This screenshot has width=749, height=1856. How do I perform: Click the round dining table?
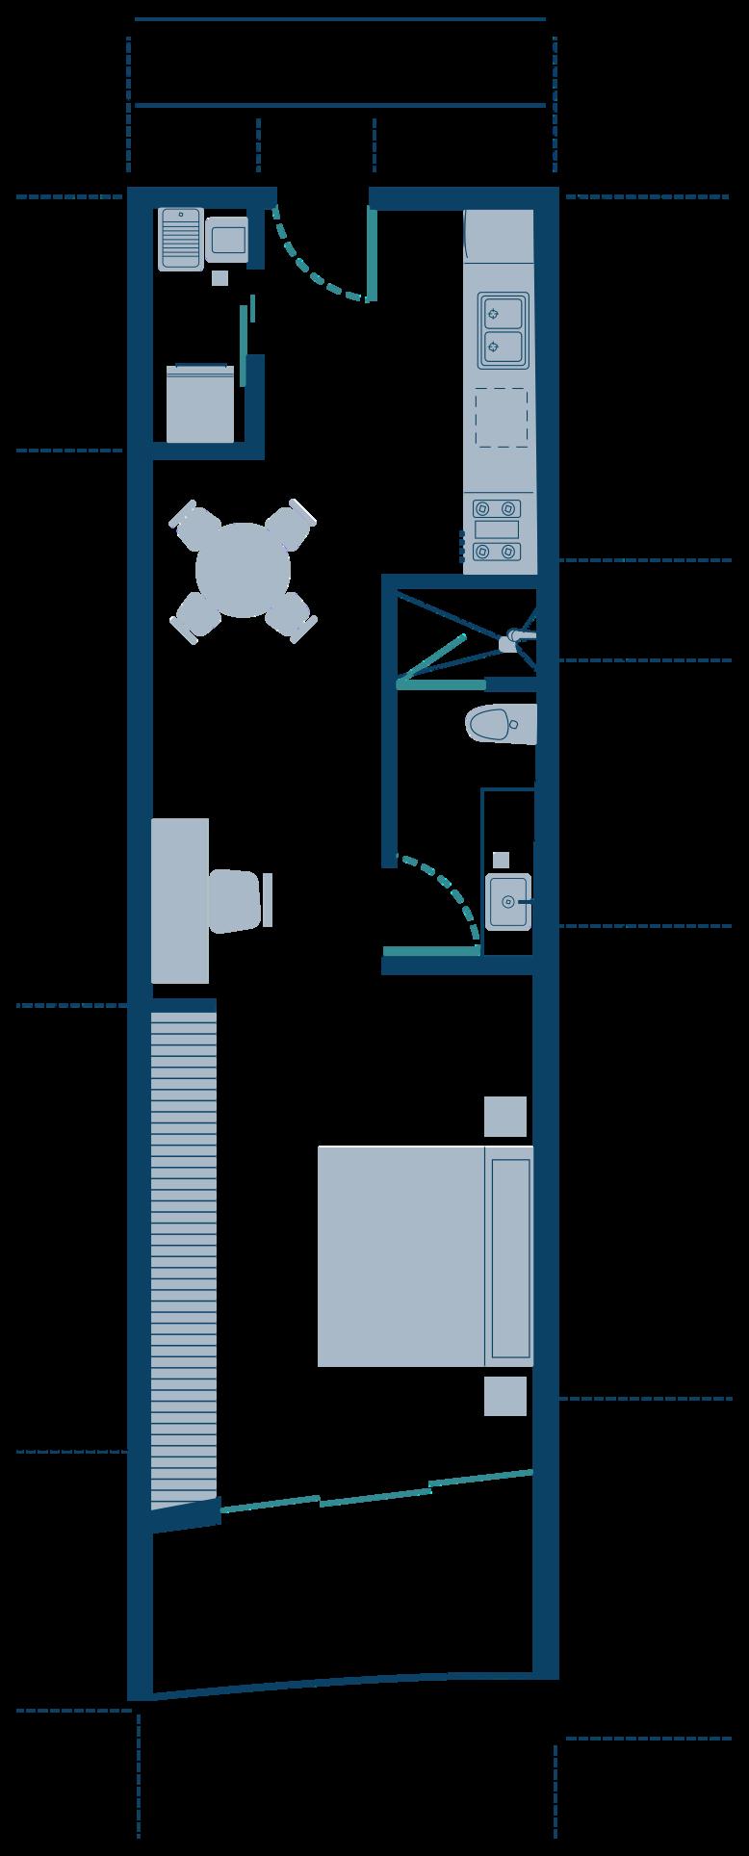pyautogui.click(x=243, y=570)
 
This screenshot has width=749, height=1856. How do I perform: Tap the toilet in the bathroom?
pyautogui.click(x=499, y=724)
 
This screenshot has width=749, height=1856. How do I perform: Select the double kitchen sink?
pyautogui.click(x=503, y=330)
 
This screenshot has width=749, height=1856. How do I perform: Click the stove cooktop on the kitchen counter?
pyautogui.click(x=497, y=530)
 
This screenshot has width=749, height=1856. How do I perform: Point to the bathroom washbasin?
pyautogui.click(x=507, y=901)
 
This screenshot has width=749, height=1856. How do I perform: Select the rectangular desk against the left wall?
pyautogui.click(x=180, y=900)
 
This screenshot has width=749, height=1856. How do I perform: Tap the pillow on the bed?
pyautogui.click(x=510, y=1255)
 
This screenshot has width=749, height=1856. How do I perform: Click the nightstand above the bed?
pyautogui.click(x=505, y=1117)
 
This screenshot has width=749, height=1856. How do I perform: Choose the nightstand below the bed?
pyautogui.click(x=505, y=1396)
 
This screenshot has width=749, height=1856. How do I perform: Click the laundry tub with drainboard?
pyautogui.click(x=180, y=239)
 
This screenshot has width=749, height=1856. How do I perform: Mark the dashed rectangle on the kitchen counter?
pyautogui.click(x=501, y=418)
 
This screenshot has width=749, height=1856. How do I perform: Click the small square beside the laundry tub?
pyautogui.click(x=220, y=277)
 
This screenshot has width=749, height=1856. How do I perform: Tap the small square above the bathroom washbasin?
pyautogui.click(x=501, y=860)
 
